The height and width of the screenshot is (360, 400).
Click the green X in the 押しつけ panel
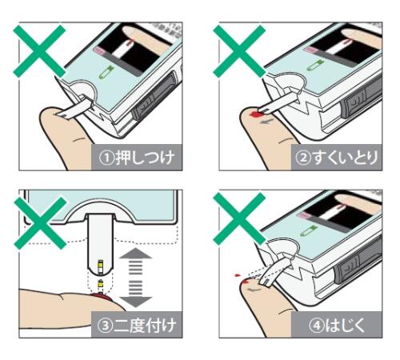[39, 51]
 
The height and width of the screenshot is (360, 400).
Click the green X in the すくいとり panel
[239, 51]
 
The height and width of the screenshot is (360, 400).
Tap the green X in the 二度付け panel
[40, 223]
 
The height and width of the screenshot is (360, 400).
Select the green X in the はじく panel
[239, 219]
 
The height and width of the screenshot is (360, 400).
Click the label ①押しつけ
[137, 158]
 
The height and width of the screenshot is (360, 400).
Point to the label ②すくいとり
[337, 158]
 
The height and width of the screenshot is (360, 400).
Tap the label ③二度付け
[137, 326]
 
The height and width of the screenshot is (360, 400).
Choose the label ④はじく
[337, 326]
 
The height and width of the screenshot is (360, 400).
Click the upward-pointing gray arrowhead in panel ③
[135, 254]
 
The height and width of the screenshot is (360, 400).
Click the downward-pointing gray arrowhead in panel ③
[135, 302]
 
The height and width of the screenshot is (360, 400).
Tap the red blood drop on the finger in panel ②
[255, 114]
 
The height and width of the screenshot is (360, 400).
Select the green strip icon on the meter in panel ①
[108, 72]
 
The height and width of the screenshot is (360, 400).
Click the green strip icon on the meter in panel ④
[309, 230]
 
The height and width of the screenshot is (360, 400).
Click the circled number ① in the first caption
[106, 158]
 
